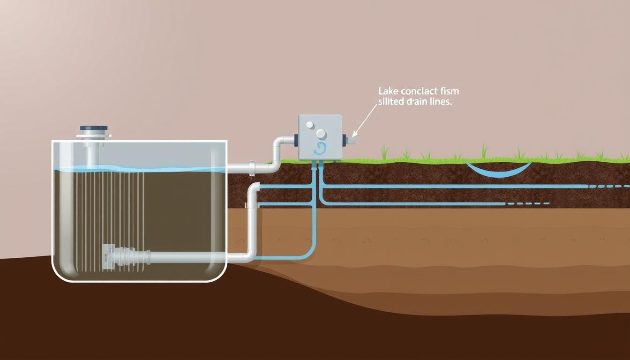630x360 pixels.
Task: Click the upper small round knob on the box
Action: coord(309,125)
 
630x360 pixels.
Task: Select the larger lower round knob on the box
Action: coord(321,134)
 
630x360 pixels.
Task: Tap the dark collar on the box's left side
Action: coord(296,139)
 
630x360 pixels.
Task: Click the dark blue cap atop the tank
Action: coord(94,128)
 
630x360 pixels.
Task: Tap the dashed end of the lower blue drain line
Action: coord(527,204)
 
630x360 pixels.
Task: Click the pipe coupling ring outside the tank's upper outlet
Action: coord(252,166)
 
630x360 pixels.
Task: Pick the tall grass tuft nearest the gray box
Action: coord(384,153)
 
